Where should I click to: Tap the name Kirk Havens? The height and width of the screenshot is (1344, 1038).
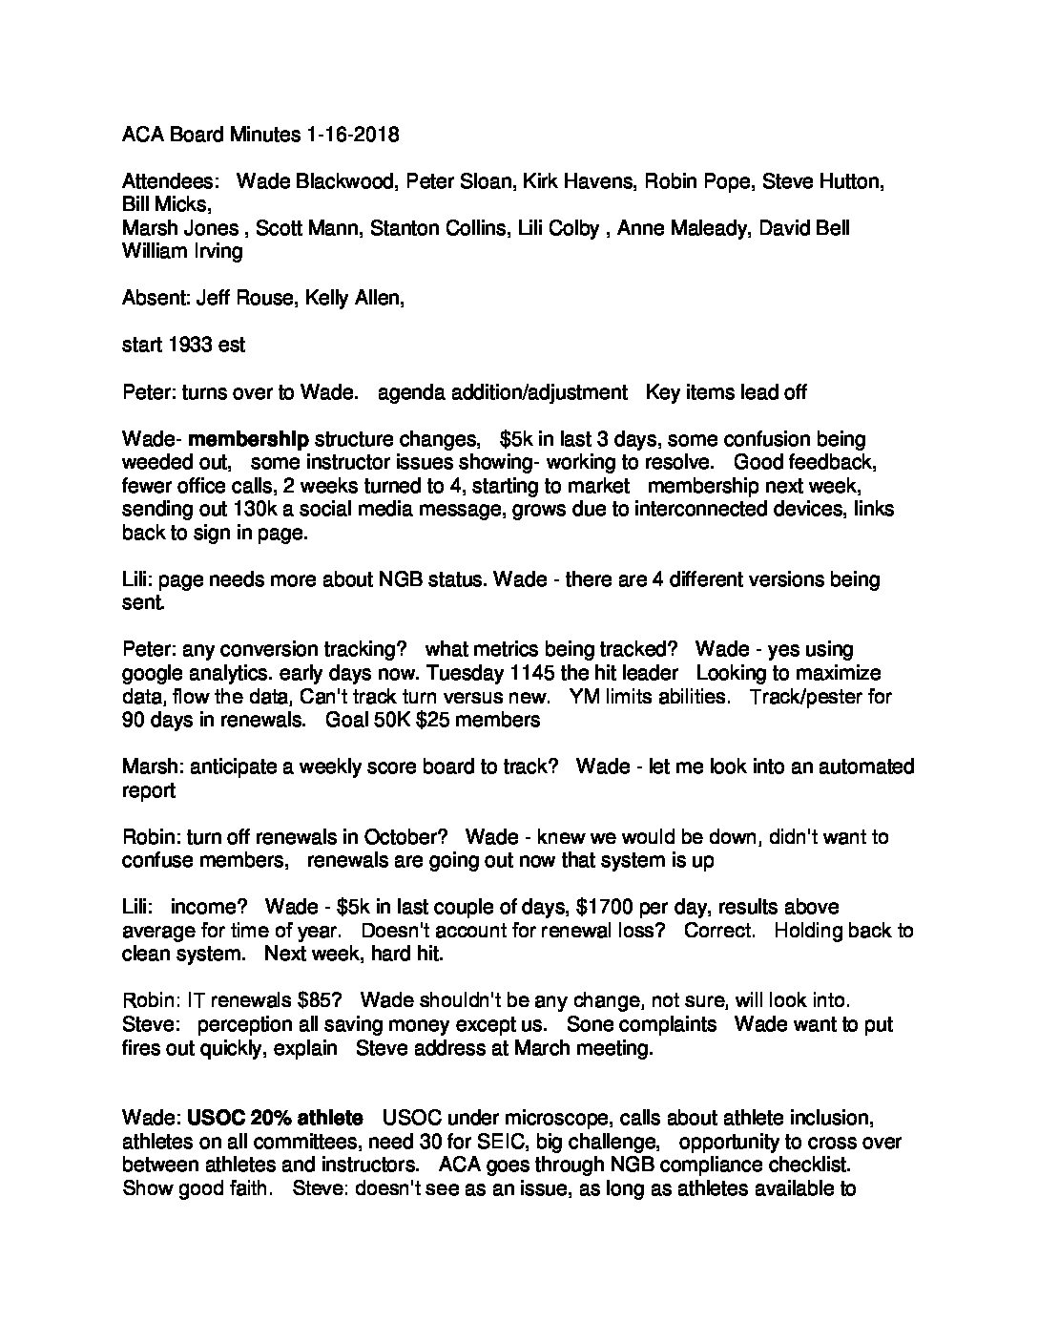pos(576,181)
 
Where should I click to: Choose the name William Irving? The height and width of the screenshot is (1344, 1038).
pos(182,251)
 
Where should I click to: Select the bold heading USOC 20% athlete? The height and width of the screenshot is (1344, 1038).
pos(275,1118)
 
